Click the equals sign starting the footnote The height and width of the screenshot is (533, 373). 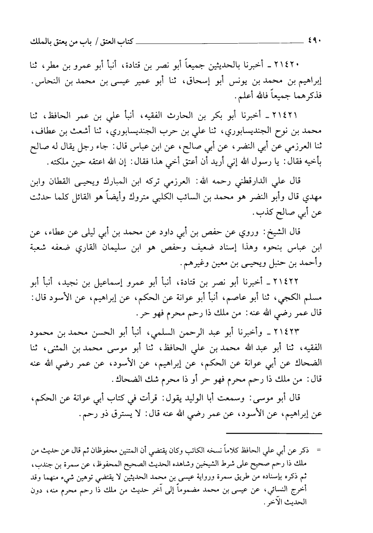(319, 452)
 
